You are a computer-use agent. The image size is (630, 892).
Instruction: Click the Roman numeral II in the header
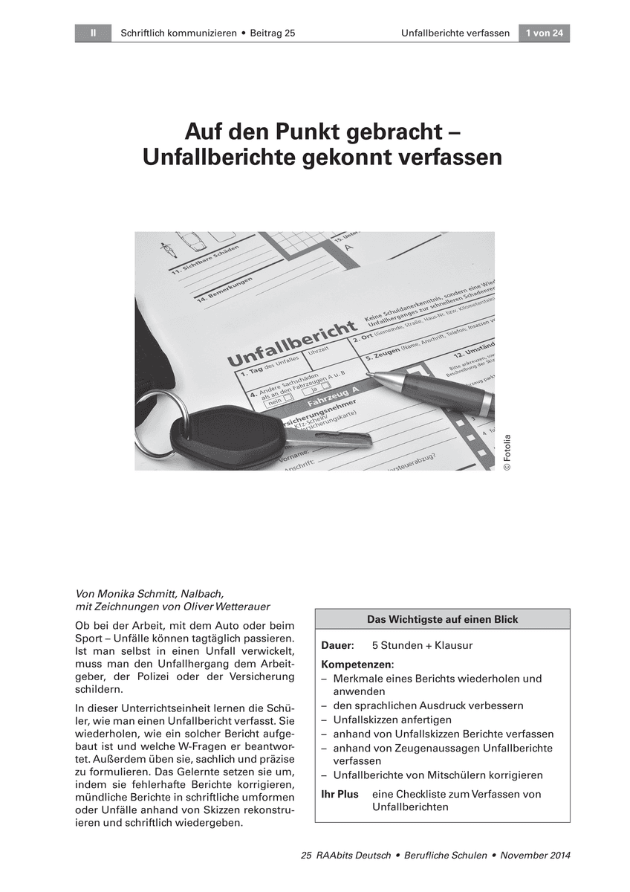coord(94,33)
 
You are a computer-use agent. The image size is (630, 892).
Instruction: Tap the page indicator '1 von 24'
coord(544,33)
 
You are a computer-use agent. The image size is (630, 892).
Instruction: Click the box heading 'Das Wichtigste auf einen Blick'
coord(442,619)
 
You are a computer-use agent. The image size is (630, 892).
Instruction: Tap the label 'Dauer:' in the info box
coord(337,645)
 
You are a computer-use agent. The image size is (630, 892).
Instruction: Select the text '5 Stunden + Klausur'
coord(422,645)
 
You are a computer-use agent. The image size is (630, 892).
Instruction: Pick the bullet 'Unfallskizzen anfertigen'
coord(392,720)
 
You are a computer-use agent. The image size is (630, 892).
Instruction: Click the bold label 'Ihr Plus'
coord(340,794)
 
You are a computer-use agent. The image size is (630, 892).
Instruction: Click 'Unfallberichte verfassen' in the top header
coord(455,33)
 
